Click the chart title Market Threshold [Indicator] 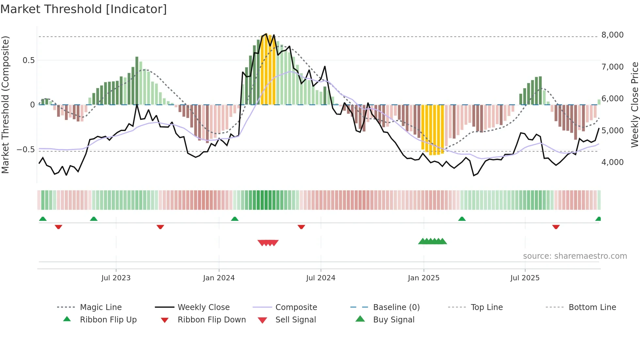point(84,9)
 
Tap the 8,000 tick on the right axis point(612,35)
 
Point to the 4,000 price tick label point(612,162)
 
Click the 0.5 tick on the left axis point(28,60)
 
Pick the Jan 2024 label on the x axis point(219,278)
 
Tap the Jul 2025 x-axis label point(525,278)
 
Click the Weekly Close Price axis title point(634,105)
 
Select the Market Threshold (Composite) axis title point(5,105)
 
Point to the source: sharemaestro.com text point(575,256)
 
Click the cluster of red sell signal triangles point(268,243)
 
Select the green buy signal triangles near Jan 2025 point(432,241)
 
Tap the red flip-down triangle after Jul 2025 point(556,227)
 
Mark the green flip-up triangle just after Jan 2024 point(234,219)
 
